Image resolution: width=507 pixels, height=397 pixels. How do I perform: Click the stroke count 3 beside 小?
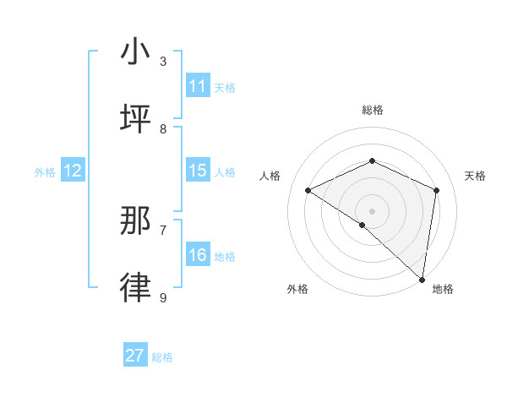pos(163,61)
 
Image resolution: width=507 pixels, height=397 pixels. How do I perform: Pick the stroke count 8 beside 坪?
pos(163,128)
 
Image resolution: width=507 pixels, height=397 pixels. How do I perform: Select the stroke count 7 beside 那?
pos(163,230)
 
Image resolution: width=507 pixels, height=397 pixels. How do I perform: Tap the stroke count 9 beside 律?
pos(163,297)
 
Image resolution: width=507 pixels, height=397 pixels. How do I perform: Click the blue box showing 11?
pos(198,86)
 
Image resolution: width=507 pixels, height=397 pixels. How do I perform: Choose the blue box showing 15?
pos(198,171)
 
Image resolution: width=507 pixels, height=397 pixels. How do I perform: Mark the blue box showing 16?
pos(198,255)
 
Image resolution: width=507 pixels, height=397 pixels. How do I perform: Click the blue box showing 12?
pos(73,171)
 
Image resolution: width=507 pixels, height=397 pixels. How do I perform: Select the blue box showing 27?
pos(135,356)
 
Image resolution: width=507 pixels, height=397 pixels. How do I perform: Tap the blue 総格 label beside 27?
pos(162,357)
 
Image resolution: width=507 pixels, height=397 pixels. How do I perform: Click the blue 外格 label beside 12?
pos(45,172)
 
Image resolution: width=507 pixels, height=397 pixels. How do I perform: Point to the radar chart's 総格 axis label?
pos(372,110)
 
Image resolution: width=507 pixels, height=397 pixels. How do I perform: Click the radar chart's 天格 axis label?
pos(475,176)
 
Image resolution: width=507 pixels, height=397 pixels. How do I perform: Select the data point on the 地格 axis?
pos(422,278)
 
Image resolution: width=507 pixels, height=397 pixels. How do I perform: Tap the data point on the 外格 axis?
pos(363,225)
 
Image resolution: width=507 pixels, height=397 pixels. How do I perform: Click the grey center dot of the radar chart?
pos(372,210)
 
